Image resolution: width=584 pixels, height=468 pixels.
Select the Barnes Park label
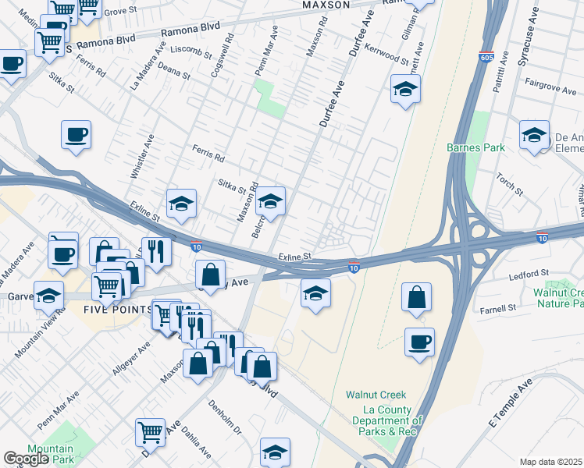click(x=475, y=147)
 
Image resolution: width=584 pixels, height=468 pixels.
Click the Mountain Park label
click(x=50, y=454)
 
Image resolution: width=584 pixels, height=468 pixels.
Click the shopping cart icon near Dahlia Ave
click(x=150, y=431)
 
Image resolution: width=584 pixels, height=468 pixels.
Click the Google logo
click(x=26, y=459)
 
